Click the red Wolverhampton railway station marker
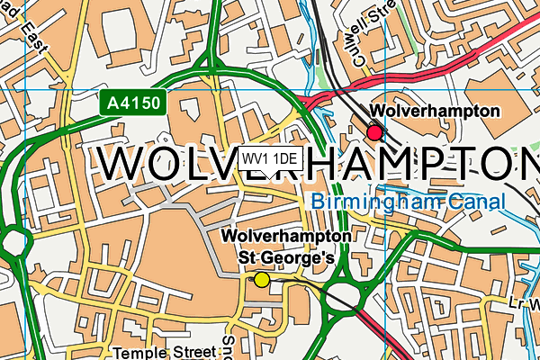pos(374,133)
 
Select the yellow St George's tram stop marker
pos(261,279)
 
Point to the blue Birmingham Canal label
pos(409,202)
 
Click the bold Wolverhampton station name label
pos(435,112)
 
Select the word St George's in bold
pos(285,257)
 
